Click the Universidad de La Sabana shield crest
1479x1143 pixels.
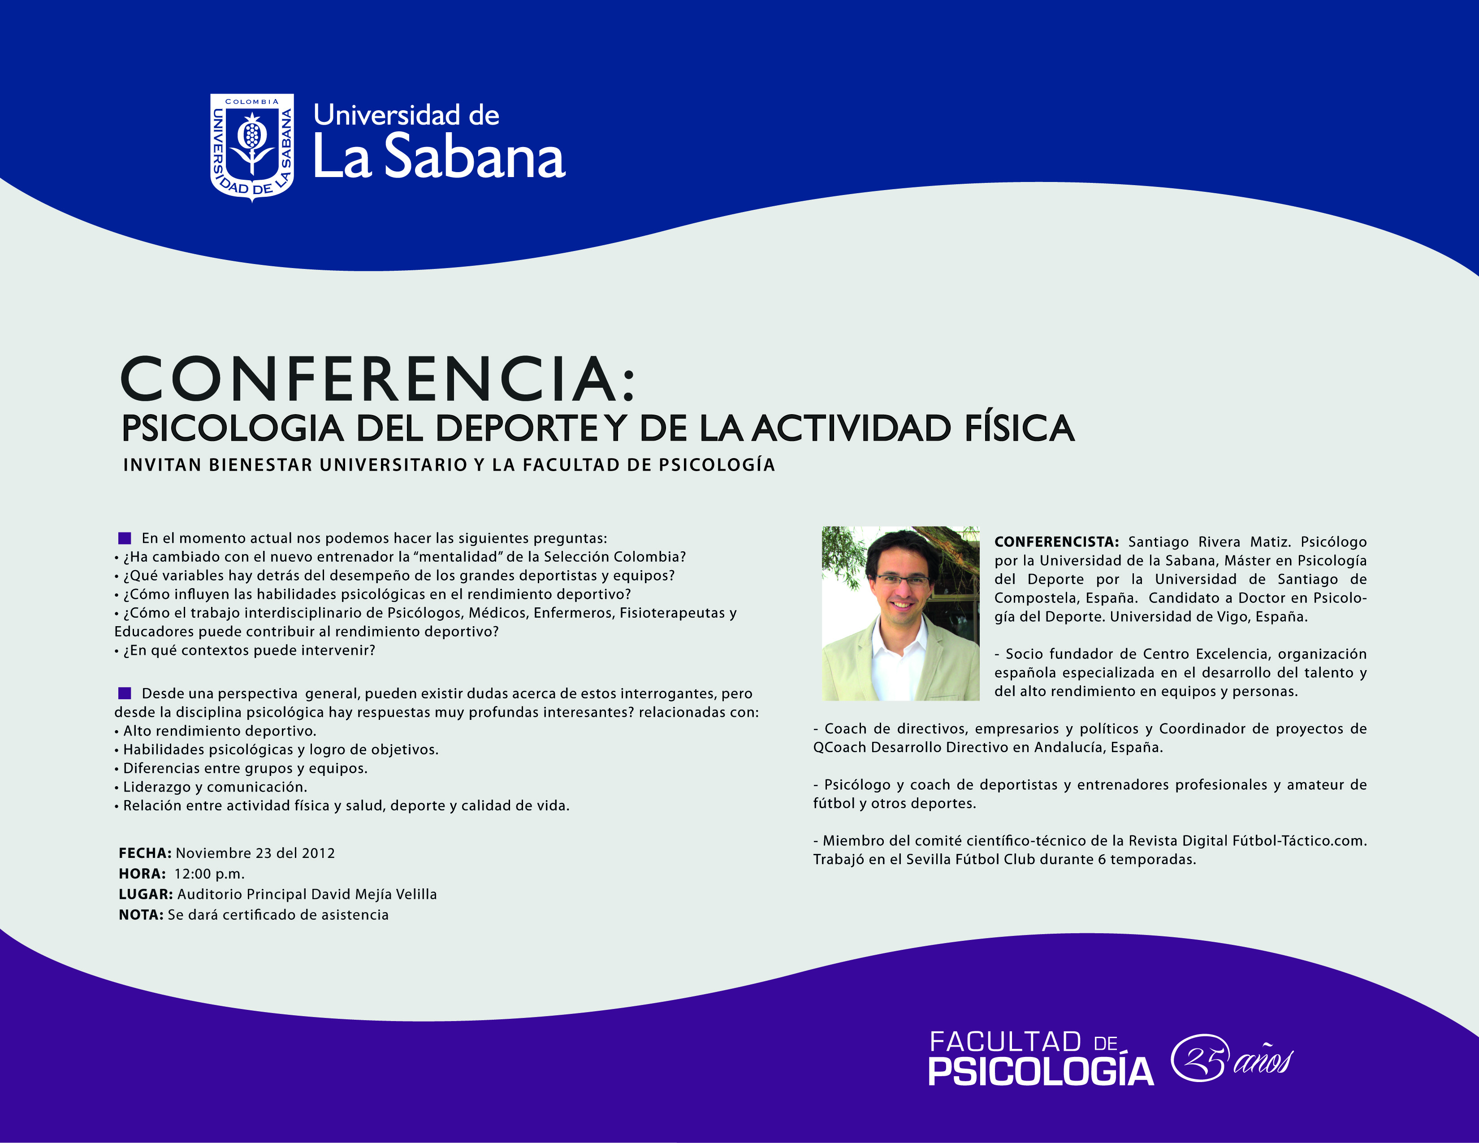pos(252,147)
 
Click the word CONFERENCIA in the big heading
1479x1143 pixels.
pos(369,379)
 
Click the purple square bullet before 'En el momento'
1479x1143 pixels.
pos(125,538)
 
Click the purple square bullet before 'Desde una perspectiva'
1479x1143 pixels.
pos(125,693)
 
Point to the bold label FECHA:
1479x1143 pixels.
pos(145,853)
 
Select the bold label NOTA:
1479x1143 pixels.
pos(141,915)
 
